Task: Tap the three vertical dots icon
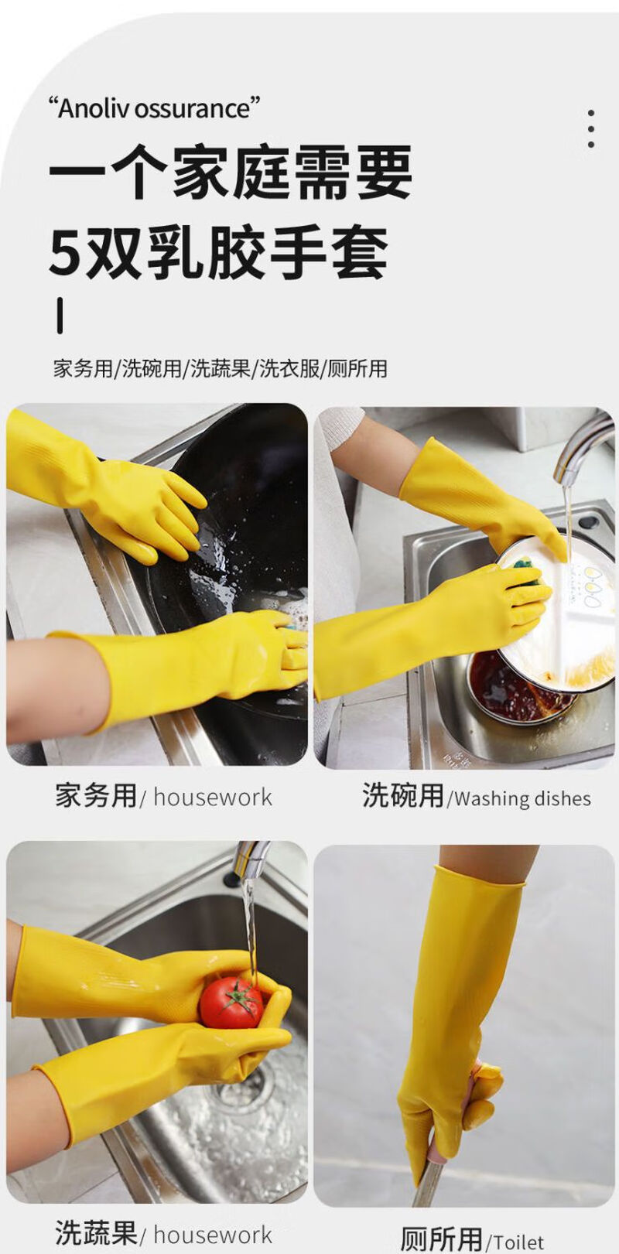[x=591, y=128]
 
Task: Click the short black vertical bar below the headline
[x=60, y=316]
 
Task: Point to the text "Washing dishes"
[x=522, y=799]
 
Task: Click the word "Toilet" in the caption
[x=518, y=1242]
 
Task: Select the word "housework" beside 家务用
[x=213, y=798]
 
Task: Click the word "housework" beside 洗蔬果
[x=213, y=1235]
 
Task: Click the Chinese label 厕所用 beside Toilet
[x=441, y=1239]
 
